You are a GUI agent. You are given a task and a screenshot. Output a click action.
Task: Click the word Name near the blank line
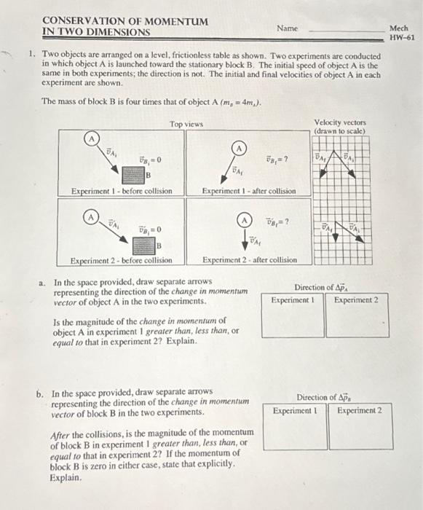[x=287, y=28]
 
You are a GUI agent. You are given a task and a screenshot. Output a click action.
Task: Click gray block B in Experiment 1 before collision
[x=132, y=175]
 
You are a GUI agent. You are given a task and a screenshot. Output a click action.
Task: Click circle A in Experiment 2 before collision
[x=90, y=217]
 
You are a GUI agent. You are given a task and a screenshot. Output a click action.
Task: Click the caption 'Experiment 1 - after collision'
[x=249, y=191]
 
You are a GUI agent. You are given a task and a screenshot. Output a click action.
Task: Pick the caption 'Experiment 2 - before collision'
[x=121, y=259]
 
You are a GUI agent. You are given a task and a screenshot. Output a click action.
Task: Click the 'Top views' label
[x=186, y=125]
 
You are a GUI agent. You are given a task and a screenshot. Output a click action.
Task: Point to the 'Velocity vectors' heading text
[x=340, y=122]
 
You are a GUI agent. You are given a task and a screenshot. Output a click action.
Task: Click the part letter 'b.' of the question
[x=41, y=393]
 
